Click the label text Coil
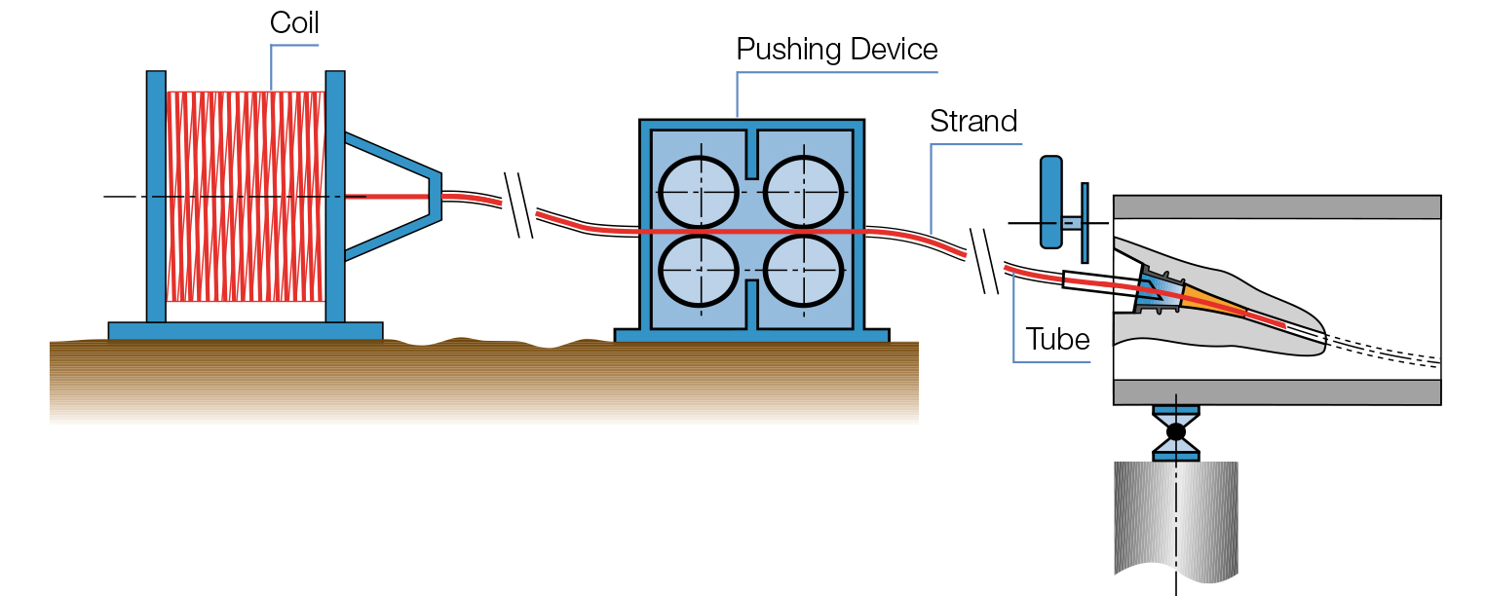tap(294, 22)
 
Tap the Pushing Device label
tap(836, 50)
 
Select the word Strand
tap(972, 122)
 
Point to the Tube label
tap(1057, 340)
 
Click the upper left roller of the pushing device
tap(698, 191)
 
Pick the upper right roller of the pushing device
tap(803, 191)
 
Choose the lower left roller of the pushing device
tap(698, 270)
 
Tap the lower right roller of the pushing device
tap(803, 270)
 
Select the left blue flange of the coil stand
tap(156, 195)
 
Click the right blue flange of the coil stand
tap(335, 195)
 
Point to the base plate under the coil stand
tap(245, 331)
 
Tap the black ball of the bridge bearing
tap(1176, 430)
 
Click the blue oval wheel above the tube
tap(1051, 201)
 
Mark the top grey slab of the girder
tap(1276, 207)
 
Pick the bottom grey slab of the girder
tap(1276, 391)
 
